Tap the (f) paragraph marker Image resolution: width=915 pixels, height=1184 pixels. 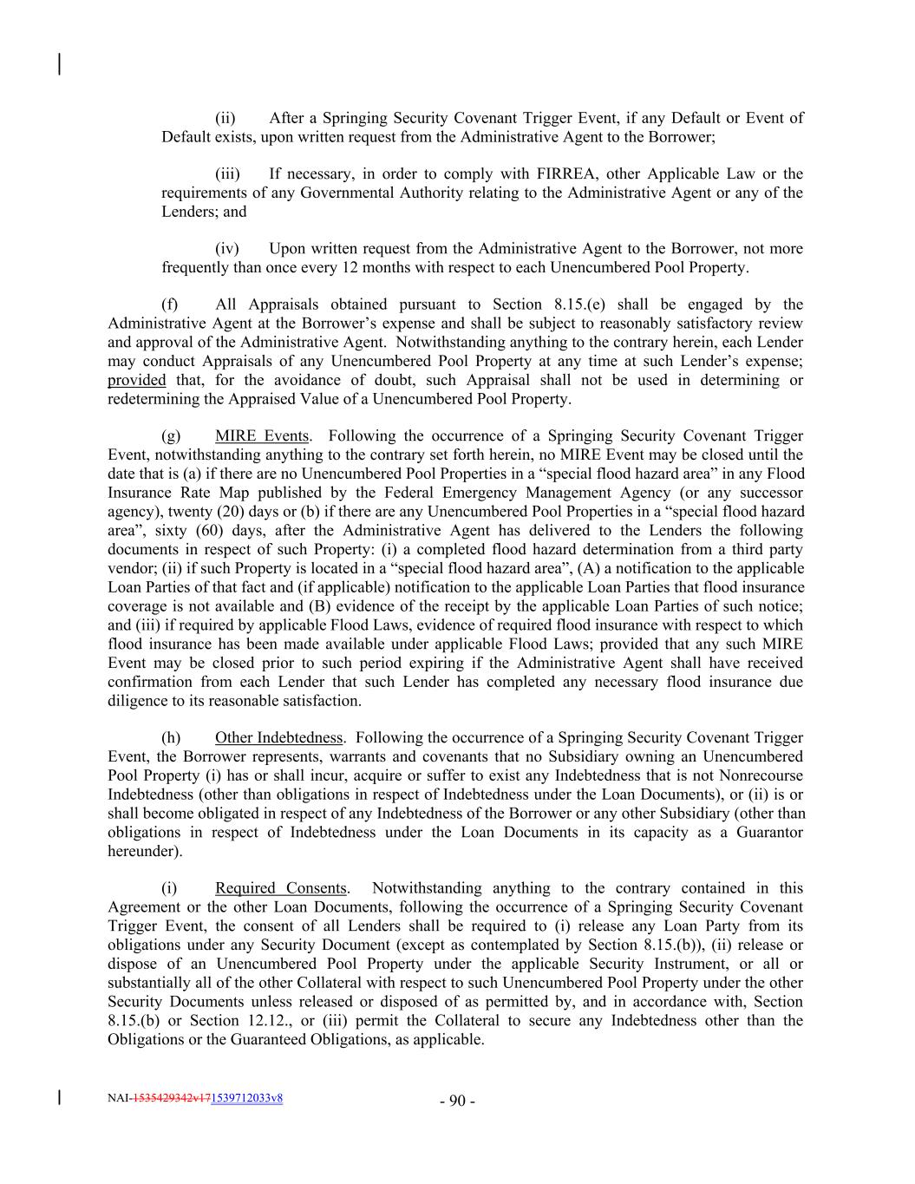click(x=170, y=304)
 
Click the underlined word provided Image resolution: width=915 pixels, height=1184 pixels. click(x=136, y=380)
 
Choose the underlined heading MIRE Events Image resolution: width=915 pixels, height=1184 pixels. click(x=261, y=436)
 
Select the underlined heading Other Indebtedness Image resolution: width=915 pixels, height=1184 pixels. click(x=279, y=738)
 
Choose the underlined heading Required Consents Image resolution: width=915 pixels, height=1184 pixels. click(x=281, y=888)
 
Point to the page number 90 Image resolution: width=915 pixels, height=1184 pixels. click(x=457, y=1102)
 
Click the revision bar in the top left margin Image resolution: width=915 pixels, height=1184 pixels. click(x=59, y=64)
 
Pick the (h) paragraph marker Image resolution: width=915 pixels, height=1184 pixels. click(x=172, y=738)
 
